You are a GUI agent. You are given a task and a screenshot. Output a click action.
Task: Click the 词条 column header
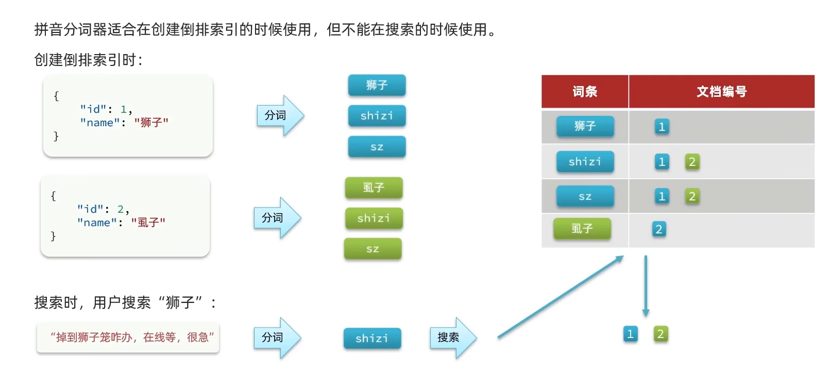(585, 91)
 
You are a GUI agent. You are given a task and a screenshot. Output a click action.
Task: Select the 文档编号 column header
(722, 91)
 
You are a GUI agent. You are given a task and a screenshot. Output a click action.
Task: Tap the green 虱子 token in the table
(582, 229)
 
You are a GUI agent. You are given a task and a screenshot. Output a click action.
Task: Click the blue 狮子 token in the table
(585, 126)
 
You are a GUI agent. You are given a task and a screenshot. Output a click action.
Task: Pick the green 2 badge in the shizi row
(692, 162)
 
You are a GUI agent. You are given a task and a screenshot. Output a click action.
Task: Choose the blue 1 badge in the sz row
(662, 196)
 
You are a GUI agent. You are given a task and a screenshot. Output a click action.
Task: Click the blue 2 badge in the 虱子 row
(659, 229)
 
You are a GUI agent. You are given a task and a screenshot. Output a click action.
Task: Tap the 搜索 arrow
(453, 337)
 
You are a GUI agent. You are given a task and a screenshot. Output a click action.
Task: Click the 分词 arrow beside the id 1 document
(280, 115)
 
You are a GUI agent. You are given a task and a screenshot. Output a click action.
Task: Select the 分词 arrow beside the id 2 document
(277, 217)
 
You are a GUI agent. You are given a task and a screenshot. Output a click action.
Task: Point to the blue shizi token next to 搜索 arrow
(373, 339)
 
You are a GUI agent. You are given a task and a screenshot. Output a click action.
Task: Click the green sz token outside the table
(373, 249)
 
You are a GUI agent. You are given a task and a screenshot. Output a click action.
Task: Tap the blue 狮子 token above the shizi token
(377, 85)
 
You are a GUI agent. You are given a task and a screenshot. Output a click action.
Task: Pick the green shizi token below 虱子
(374, 218)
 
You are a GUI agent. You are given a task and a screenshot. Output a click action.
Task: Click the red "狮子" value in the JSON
(151, 122)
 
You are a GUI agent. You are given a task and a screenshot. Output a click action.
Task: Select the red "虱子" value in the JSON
(148, 222)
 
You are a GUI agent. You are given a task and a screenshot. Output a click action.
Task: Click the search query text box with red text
(128, 337)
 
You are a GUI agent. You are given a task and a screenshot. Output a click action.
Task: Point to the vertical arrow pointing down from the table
(646, 286)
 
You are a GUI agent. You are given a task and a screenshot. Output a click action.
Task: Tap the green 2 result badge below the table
(661, 334)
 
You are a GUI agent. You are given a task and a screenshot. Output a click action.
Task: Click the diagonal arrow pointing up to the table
(561, 296)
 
